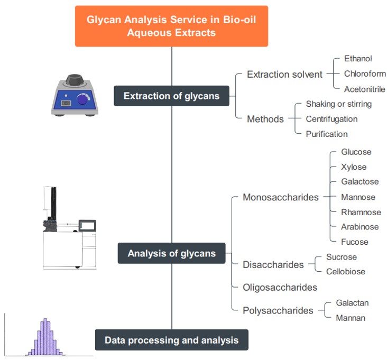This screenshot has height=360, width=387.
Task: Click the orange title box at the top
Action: pyautogui.click(x=171, y=26)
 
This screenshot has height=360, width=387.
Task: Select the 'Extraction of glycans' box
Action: pyautogui.click(x=171, y=96)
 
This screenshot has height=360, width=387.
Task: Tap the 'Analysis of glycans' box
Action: pyautogui.click(x=171, y=253)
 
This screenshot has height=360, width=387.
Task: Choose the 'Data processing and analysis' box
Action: pyautogui.click(x=171, y=340)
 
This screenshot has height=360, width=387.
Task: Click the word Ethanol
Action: pyautogui.click(x=358, y=59)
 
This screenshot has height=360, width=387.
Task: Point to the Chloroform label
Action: pyautogui.click(x=364, y=73)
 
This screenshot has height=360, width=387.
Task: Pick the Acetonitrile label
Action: pyautogui.click(x=364, y=89)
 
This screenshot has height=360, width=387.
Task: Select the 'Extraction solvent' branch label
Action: pyautogui.click(x=284, y=75)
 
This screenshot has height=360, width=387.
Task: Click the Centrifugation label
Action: pyautogui.click(x=331, y=119)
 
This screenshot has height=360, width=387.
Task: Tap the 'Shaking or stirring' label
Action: pyautogui.click(x=338, y=104)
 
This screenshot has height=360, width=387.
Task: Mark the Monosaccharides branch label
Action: pyautogui.click(x=280, y=197)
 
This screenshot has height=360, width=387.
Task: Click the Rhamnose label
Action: pyautogui.click(x=361, y=212)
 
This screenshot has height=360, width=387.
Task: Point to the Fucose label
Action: pyautogui.click(x=354, y=242)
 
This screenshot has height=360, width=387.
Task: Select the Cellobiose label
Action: pyautogui.click(x=345, y=272)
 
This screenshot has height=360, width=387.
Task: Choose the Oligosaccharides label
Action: pyautogui.click(x=280, y=288)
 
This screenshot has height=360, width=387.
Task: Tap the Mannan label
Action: pyautogui.click(x=351, y=318)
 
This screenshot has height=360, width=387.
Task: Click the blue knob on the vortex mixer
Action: pyautogui.click(x=84, y=99)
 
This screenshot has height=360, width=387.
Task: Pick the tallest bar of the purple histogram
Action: pyautogui.click(x=45, y=336)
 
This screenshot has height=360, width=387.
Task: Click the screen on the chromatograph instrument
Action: pyautogui.click(x=86, y=225)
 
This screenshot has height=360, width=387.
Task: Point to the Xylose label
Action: pyautogui.click(x=354, y=167)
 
